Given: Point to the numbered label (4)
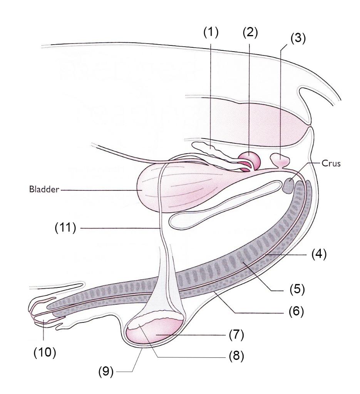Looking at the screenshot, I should pos(318,255).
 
